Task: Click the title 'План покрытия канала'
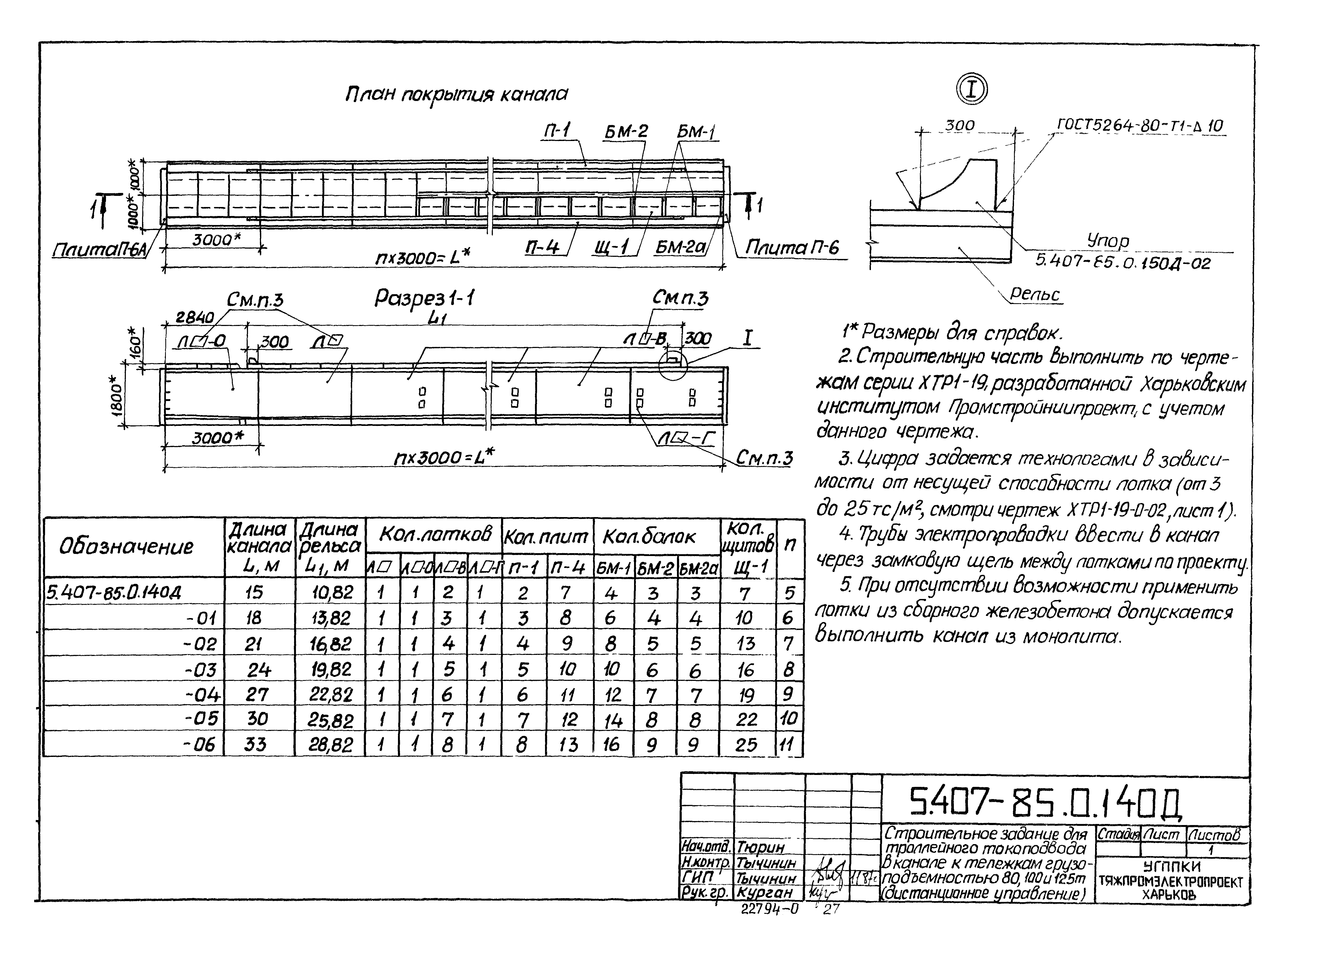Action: click(x=456, y=94)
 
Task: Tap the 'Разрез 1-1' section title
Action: click(x=424, y=299)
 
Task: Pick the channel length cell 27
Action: click(x=257, y=695)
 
